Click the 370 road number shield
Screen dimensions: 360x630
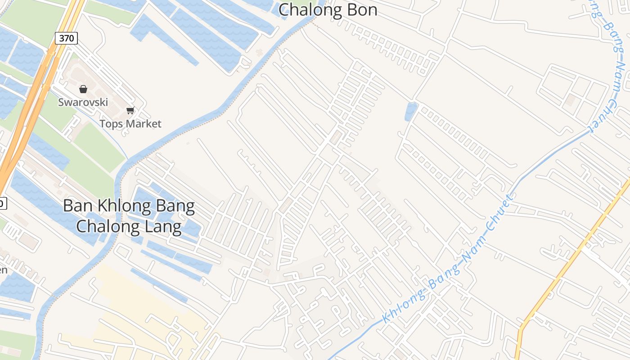click(66, 38)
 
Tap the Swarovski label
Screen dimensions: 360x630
click(83, 102)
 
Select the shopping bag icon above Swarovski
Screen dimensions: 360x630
click(83, 89)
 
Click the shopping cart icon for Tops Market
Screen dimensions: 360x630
click(130, 110)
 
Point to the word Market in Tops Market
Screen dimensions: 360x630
click(143, 123)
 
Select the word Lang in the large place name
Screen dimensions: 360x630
click(163, 226)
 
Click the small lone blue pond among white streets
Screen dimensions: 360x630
click(411, 112)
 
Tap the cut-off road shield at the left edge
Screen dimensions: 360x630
click(2, 203)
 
